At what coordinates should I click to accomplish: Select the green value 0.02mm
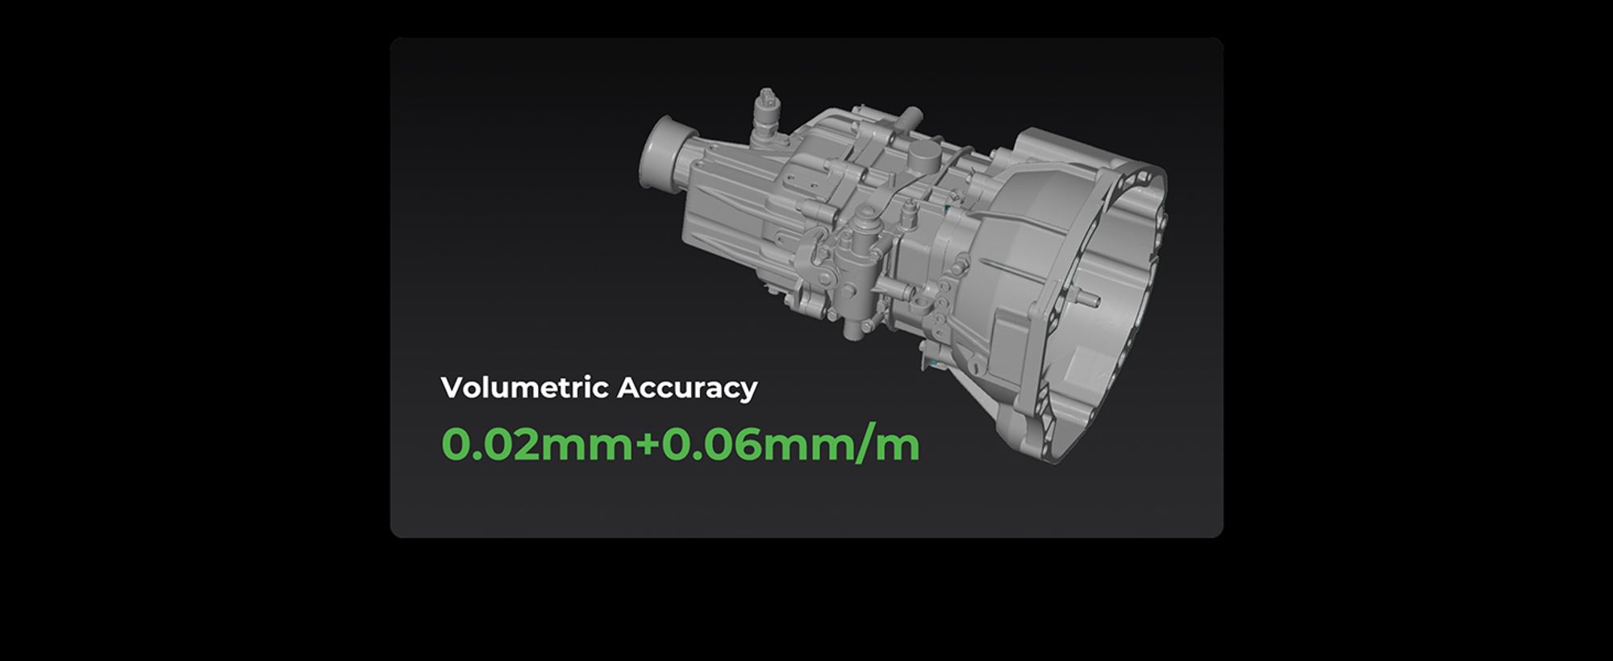[537, 444]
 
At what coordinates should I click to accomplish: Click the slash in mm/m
[865, 444]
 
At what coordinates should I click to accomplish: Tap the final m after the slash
[898, 448]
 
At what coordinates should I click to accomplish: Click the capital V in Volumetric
[454, 388]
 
